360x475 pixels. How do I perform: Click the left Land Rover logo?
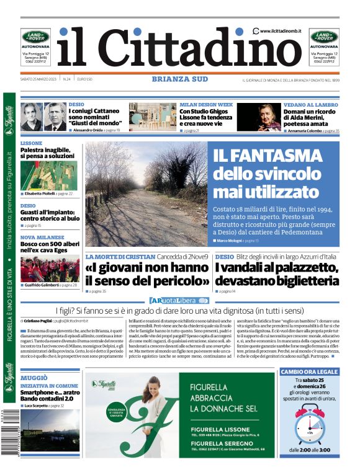tap(36, 37)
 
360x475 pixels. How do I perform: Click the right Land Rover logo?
tap(324, 37)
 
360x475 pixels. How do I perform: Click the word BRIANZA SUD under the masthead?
tap(180, 79)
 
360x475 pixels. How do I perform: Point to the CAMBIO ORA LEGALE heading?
tap(310, 371)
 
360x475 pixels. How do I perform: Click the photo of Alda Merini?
tap(259, 117)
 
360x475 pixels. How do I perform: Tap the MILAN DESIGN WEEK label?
tap(206, 105)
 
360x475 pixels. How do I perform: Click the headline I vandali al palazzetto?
tap(277, 273)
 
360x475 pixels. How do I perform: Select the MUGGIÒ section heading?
tap(34, 377)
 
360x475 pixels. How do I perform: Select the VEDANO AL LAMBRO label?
tap(311, 105)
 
